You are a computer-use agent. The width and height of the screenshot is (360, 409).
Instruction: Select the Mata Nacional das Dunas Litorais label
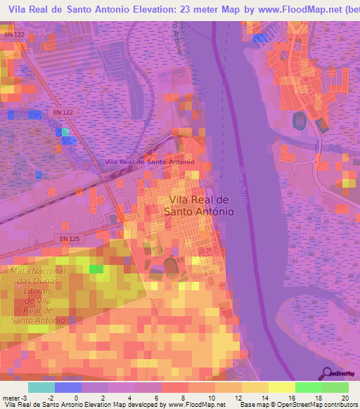tap(38, 295)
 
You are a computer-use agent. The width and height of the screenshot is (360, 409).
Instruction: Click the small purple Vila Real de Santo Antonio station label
tap(149, 162)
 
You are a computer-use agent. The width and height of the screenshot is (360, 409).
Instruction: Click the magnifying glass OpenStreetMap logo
tap(327, 374)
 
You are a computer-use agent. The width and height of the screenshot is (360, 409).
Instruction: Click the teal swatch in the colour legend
tap(41, 387)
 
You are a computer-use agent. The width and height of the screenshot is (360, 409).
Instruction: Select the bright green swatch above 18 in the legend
tap(308, 387)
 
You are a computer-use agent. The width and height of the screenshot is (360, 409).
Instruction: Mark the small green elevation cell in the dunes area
tap(96, 268)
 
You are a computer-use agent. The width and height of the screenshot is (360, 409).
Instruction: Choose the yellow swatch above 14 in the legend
tap(255, 387)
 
